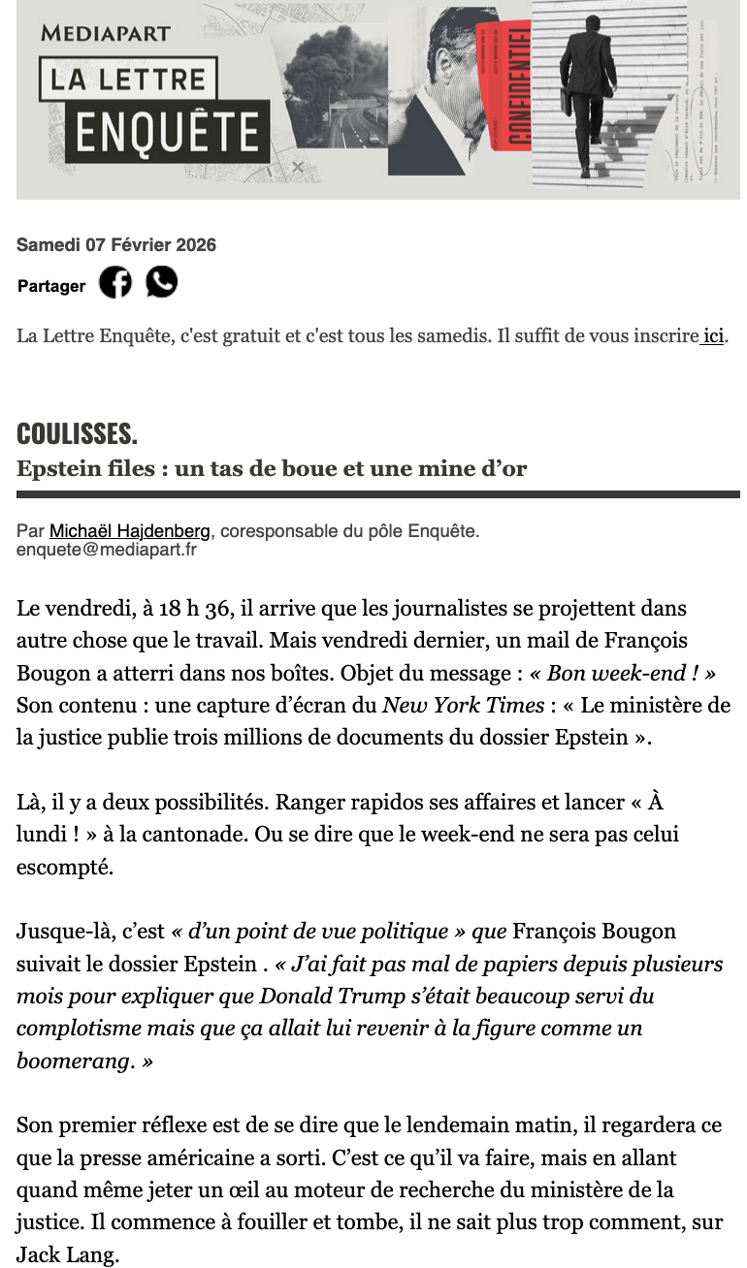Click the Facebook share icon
(x=115, y=282)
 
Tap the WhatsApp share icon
(x=162, y=282)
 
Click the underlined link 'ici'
(x=713, y=337)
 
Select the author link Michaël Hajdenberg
(x=128, y=531)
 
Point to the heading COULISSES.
(x=77, y=433)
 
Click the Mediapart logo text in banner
(x=106, y=33)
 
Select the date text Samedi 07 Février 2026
(x=116, y=245)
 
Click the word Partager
(x=51, y=286)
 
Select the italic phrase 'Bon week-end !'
(x=623, y=674)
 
